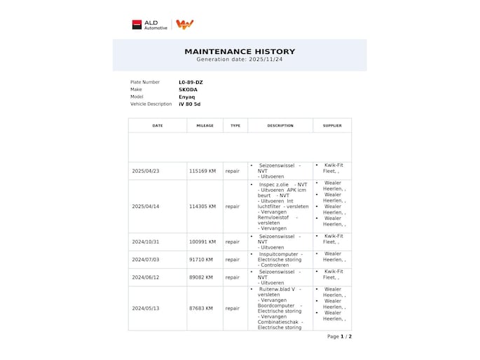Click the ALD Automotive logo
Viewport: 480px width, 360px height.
point(150,25)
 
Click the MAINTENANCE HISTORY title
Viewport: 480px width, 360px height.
point(240,51)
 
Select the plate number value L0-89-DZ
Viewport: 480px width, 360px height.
point(191,82)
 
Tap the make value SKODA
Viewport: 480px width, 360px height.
point(188,90)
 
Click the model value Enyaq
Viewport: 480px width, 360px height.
point(187,97)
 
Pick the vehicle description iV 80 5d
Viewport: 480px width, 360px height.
point(189,104)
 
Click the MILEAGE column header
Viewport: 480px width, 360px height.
point(205,126)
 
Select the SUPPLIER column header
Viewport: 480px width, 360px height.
point(332,126)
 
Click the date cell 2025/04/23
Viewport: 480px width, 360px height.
point(146,171)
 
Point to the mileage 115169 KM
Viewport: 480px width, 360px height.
point(203,171)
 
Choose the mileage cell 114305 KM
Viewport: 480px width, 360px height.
point(203,207)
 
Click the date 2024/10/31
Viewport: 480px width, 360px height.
point(146,242)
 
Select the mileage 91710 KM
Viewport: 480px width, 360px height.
point(201,260)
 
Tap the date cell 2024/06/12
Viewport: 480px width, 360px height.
point(146,277)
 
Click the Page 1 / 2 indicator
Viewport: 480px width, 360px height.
point(339,336)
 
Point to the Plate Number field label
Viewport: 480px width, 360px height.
point(145,82)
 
